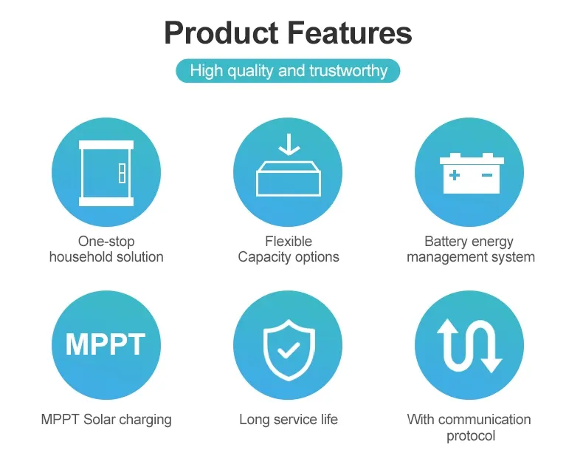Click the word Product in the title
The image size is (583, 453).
tap(221, 33)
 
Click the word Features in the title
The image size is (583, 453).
tap(350, 33)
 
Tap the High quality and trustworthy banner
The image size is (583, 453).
tap(288, 71)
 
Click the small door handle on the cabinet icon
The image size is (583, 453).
tap(122, 173)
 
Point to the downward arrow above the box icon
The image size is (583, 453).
tap(289, 144)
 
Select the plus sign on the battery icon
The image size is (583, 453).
tap(455, 175)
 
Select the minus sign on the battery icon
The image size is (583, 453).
tap(487, 174)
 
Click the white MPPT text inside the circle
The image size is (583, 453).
tap(106, 344)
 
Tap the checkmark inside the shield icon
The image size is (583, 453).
tap(289, 350)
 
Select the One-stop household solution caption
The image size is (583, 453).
tap(106, 249)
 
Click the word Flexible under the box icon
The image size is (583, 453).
tap(289, 241)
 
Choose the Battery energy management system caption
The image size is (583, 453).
tap(471, 249)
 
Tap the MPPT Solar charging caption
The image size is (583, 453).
tap(106, 420)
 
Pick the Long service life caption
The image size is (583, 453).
tap(289, 419)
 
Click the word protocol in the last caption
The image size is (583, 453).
tap(471, 435)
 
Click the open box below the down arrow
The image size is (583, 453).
tap(289, 179)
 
